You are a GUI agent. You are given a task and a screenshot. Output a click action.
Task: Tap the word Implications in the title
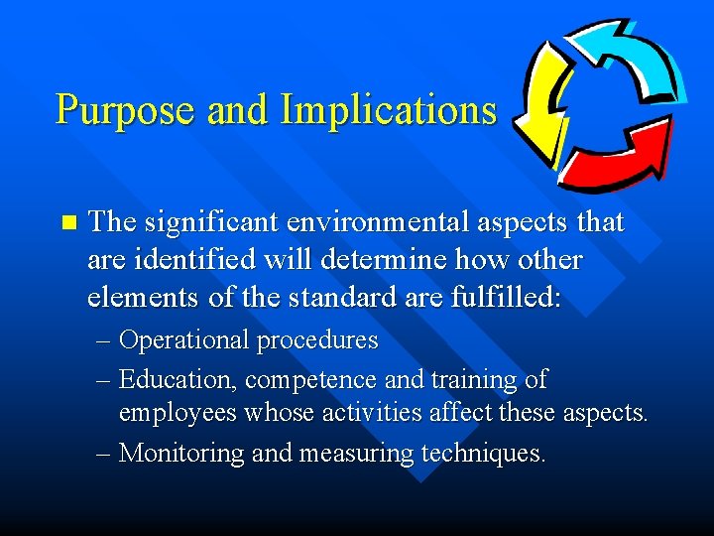coord(388,109)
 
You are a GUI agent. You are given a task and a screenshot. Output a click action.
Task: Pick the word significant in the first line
coord(210,223)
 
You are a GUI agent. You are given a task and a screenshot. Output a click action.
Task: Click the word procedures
coord(317,340)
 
